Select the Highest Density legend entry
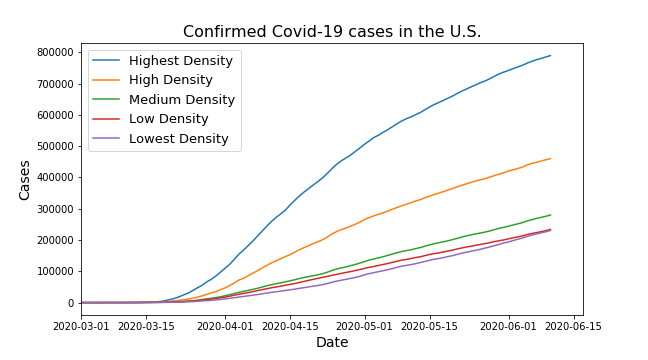[x=180, y=61]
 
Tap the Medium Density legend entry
[x=181, y=100]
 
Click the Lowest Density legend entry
[x=178, y=139]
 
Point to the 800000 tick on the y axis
[x=56, y=52]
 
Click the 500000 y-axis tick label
[x=56, y=146]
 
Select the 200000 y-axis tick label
[x=56, y=240]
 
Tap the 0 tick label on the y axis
[x=70, y=303]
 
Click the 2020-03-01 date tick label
[x=82, y=326]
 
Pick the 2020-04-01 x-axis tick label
[x=224, y=326]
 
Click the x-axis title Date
[x=331, y=343]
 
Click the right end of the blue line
[x=550, y=55]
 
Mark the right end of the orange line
[x=550, y=158]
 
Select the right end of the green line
[x=550, y=215]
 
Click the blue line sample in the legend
[x=107, y=61]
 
